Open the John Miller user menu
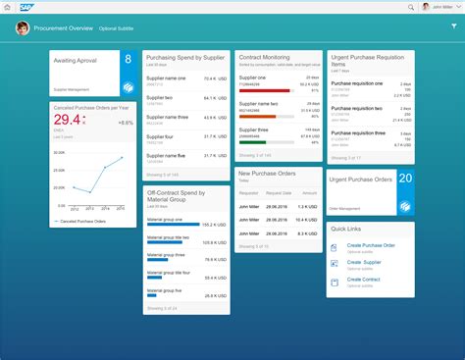[438, 7]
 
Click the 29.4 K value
[69, 121]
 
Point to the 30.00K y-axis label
[58, 154]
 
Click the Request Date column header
[280, 194]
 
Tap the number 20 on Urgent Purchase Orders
[404, 179]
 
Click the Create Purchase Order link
[371, 244]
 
